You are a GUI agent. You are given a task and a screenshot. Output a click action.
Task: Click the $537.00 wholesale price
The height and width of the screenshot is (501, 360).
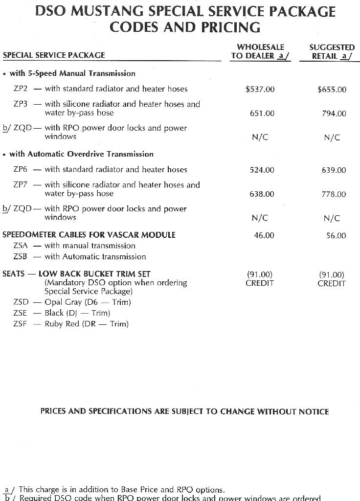point(260,89)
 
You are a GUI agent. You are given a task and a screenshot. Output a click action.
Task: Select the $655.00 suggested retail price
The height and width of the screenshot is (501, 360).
point(332,90)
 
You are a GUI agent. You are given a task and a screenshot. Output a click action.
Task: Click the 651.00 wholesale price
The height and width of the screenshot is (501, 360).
point(262,114)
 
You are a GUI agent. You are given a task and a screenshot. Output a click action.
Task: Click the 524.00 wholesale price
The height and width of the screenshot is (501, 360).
point(262,170)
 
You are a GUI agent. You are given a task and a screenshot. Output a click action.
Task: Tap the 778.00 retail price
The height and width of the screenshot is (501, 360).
point(334,194)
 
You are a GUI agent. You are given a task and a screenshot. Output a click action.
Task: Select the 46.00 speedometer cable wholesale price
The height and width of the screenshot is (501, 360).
point(264,235)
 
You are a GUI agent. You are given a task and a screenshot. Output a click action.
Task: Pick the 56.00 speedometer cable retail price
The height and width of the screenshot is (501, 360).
point(336,236)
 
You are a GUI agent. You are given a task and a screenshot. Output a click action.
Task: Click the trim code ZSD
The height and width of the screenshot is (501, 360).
point(21,302)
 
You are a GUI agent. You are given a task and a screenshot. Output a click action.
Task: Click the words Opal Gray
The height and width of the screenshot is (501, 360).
point(63,302)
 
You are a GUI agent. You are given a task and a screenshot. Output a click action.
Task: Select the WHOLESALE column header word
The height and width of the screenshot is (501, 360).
point(260,47)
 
